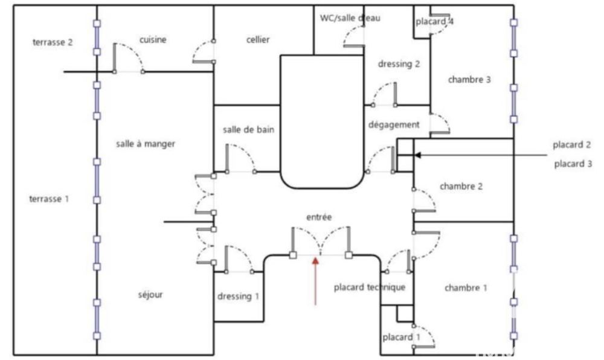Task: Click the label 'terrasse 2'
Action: pos(53,42)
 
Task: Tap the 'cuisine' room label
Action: pos(153,40)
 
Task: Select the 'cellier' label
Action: pos(258,40)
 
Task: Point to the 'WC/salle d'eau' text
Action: pos(350,18)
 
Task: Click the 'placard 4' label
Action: pos(434,22)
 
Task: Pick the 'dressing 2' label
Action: pos(399,64)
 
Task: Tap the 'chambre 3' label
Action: pos(469,80)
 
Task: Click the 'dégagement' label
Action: pos(394,125)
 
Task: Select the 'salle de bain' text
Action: pos(248,130)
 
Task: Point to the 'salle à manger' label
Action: pos(146,144)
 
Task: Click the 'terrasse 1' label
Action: pos(49,199)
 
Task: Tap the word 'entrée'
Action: pos(319,217)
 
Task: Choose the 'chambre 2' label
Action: pos(461,187)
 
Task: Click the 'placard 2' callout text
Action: pos(571,145)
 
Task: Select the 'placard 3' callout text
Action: pos(573,164)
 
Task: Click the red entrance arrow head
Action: pos(315,262)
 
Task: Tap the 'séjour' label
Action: pos(150,295)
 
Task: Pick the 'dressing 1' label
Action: pos(238,297)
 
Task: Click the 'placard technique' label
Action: pos(370,288)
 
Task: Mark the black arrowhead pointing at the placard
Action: pos(417,155)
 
